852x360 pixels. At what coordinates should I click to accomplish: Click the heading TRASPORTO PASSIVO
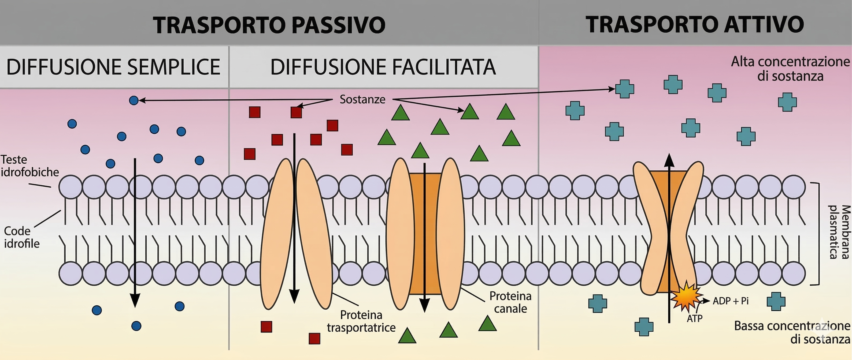click(269, 25)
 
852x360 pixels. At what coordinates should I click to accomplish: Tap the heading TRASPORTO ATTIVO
click(695, 24)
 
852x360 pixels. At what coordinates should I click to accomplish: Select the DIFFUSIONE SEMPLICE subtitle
click(113, 67)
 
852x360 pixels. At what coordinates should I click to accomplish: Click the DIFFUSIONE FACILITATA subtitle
click(383, 67)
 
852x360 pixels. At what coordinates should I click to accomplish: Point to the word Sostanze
click(362, 99)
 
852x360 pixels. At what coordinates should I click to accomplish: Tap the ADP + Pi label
click(730, 301)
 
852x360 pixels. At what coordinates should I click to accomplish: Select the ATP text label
click(695, 318)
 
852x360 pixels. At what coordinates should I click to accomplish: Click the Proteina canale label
click(510, 302)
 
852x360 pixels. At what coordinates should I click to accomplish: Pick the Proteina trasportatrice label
click(361, 321)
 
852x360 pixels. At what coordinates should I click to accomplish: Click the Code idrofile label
click(21, 237)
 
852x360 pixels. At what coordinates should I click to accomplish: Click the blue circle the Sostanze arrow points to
click(134, 100)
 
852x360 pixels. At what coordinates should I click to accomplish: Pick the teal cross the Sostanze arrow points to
click(624, 89)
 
